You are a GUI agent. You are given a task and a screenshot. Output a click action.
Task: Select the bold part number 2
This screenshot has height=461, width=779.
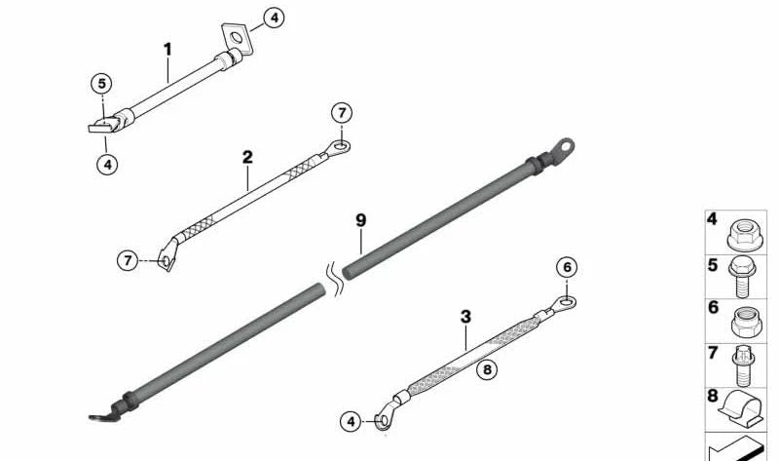pos(247,156)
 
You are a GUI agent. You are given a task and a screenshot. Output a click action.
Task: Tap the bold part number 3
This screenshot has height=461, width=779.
pos(465,317)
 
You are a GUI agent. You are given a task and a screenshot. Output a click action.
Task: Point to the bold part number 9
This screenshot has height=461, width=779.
pos(360,220)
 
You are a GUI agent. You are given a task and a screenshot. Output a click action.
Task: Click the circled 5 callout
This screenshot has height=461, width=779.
pos(103,84)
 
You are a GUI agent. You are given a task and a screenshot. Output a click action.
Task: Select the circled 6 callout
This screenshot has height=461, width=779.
pos(568,268)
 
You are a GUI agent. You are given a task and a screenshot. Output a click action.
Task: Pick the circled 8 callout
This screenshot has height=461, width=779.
pos(488,367)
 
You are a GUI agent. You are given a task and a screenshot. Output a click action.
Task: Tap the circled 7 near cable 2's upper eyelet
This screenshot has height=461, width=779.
pos(341,113)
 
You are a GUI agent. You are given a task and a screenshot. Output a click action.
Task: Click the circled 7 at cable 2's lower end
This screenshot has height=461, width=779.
pos(129,260)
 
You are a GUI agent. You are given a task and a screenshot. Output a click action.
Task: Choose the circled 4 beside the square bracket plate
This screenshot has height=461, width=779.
pos(275,17)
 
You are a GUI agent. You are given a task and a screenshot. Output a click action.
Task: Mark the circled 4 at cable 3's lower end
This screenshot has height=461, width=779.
pos(352,422)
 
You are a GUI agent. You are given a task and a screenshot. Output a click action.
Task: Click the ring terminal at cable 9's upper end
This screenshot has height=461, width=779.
pos(562,146)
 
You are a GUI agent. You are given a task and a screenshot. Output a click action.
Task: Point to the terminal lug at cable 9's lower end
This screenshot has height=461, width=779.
pos(100,417)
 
